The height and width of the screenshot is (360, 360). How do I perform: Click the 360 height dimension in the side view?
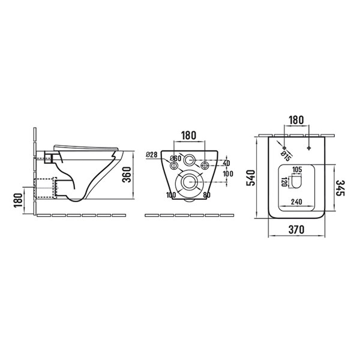point(127,175)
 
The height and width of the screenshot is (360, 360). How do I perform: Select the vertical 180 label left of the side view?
point(19,200)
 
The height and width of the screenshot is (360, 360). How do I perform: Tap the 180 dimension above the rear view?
point(189,136)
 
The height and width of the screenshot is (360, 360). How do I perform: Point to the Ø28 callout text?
point(152,155)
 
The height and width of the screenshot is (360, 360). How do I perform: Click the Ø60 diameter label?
point(175,158)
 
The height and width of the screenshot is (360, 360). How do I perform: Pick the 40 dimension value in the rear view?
point(226,163)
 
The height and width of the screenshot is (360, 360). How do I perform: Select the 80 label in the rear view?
point(206,195)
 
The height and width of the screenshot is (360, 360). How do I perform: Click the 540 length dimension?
point(250,178)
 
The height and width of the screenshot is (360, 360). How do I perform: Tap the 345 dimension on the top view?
point(341,188)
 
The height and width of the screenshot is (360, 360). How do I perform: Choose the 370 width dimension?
point(296,229)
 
